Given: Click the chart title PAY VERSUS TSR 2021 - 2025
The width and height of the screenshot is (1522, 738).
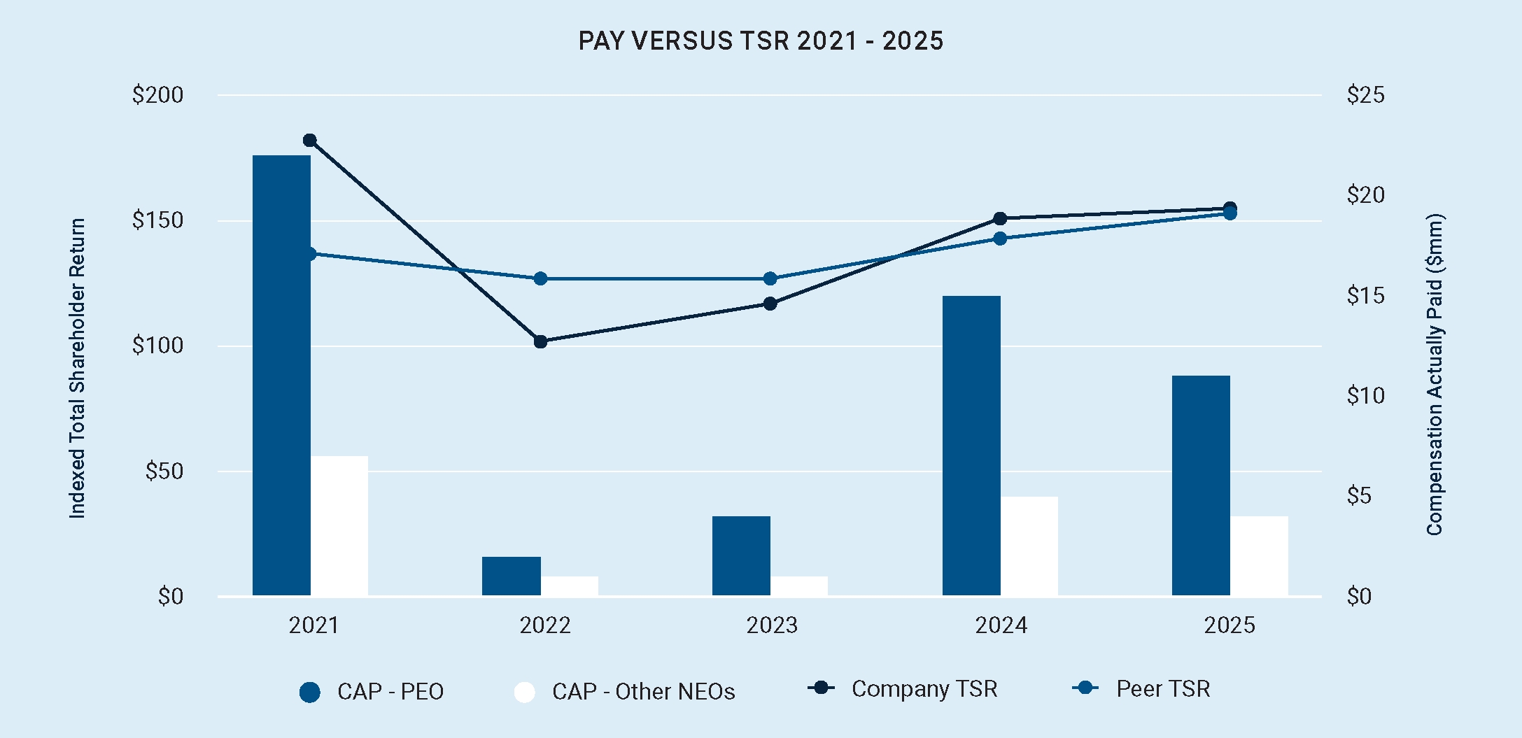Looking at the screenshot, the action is [x=761, y=41].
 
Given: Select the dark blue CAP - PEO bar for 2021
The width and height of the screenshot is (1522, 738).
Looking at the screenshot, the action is [x=281, y=376].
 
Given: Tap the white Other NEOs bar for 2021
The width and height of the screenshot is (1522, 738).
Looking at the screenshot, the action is [x=339, y=526].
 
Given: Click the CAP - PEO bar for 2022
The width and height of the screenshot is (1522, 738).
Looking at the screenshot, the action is [x=512, y=576].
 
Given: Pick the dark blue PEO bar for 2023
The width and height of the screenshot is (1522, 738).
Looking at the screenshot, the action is [x=741, y=556].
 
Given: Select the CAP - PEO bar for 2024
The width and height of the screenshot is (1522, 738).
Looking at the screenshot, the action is [x=971, y=446].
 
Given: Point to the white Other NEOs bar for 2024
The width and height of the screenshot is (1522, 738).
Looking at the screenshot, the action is [x=1029, y=546].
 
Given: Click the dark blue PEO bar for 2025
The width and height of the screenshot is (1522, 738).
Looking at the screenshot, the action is [x=1201, y=485].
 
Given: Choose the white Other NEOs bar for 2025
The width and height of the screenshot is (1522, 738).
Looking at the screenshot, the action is [x=1259, y=556].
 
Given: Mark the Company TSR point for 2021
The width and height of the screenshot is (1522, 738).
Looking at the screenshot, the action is [x=310, y=141].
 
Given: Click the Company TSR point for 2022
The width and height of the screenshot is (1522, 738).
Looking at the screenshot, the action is [x=540, y=341].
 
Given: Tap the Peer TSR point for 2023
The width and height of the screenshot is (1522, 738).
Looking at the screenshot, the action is [x=770, y=278].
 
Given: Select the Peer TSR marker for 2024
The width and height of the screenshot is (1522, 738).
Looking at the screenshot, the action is [x=1000, y=239].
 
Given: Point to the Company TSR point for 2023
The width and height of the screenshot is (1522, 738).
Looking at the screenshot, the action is [x=770, y=304].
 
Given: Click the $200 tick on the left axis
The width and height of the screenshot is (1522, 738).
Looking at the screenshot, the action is [x=157, y=95].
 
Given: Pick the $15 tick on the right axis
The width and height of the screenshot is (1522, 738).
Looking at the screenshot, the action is [x=1365, y=296].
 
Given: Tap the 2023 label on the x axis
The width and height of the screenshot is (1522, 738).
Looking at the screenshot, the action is [x=772, y=625].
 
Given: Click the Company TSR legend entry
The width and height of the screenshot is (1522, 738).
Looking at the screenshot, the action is [x=903, y=689].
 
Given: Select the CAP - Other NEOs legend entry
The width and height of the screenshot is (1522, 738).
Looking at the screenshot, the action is [x=624, y=692].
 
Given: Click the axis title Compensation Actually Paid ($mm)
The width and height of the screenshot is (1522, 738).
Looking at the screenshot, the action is [x=1435, y=375].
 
